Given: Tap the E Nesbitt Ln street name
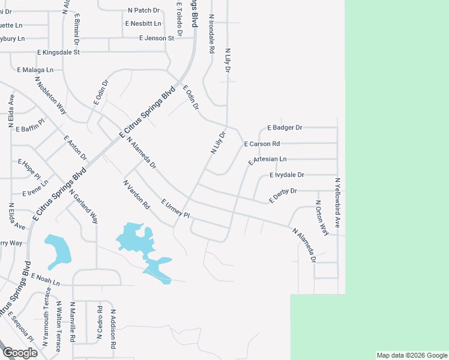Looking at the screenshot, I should (143, 24).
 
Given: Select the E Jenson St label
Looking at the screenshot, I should (156, 38).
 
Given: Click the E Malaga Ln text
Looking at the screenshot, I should (35, 70).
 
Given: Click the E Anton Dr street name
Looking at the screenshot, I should (75, 148).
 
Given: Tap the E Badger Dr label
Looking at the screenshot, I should (285, 128).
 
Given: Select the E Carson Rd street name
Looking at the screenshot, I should (262, 144).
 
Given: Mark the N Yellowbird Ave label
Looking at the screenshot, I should (337, 202).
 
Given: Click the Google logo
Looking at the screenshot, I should (20, 353).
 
